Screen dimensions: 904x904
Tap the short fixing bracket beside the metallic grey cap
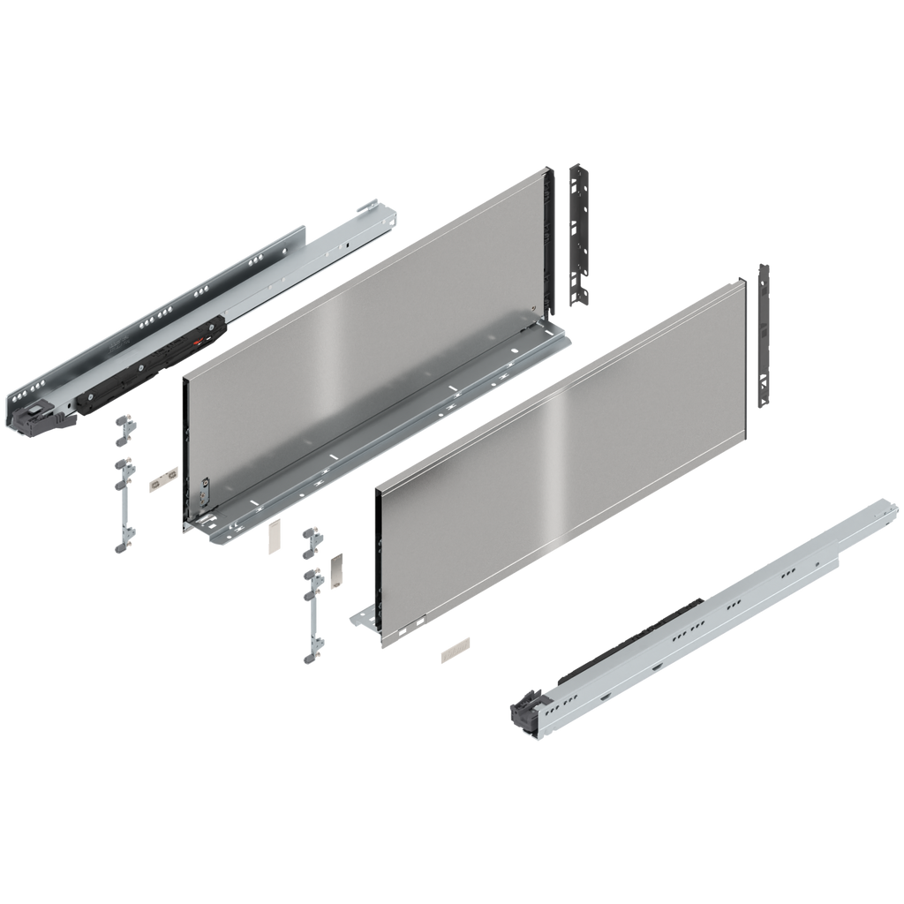(x=311, y=541)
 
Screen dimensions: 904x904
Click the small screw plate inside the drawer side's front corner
(x=206, y=491)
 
